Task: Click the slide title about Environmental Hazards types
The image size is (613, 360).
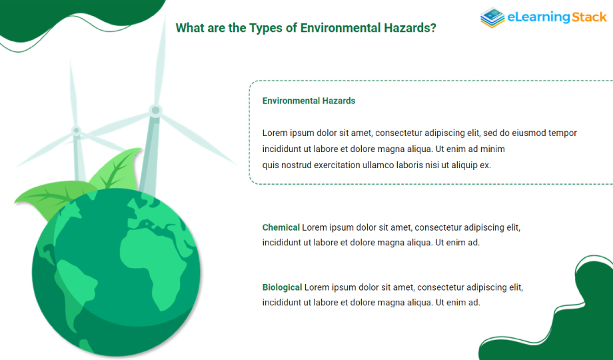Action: [306, 28]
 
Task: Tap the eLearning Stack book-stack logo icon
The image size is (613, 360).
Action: [492, 17]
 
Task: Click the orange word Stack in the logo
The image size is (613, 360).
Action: [589, 17]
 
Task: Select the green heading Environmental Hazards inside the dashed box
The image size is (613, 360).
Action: [309, 101]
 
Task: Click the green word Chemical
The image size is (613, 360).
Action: [281, 227]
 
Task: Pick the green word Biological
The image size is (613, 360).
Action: [283, 287]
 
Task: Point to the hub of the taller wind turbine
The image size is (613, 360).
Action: [155, 111]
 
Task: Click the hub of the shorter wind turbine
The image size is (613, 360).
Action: [77, 130]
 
